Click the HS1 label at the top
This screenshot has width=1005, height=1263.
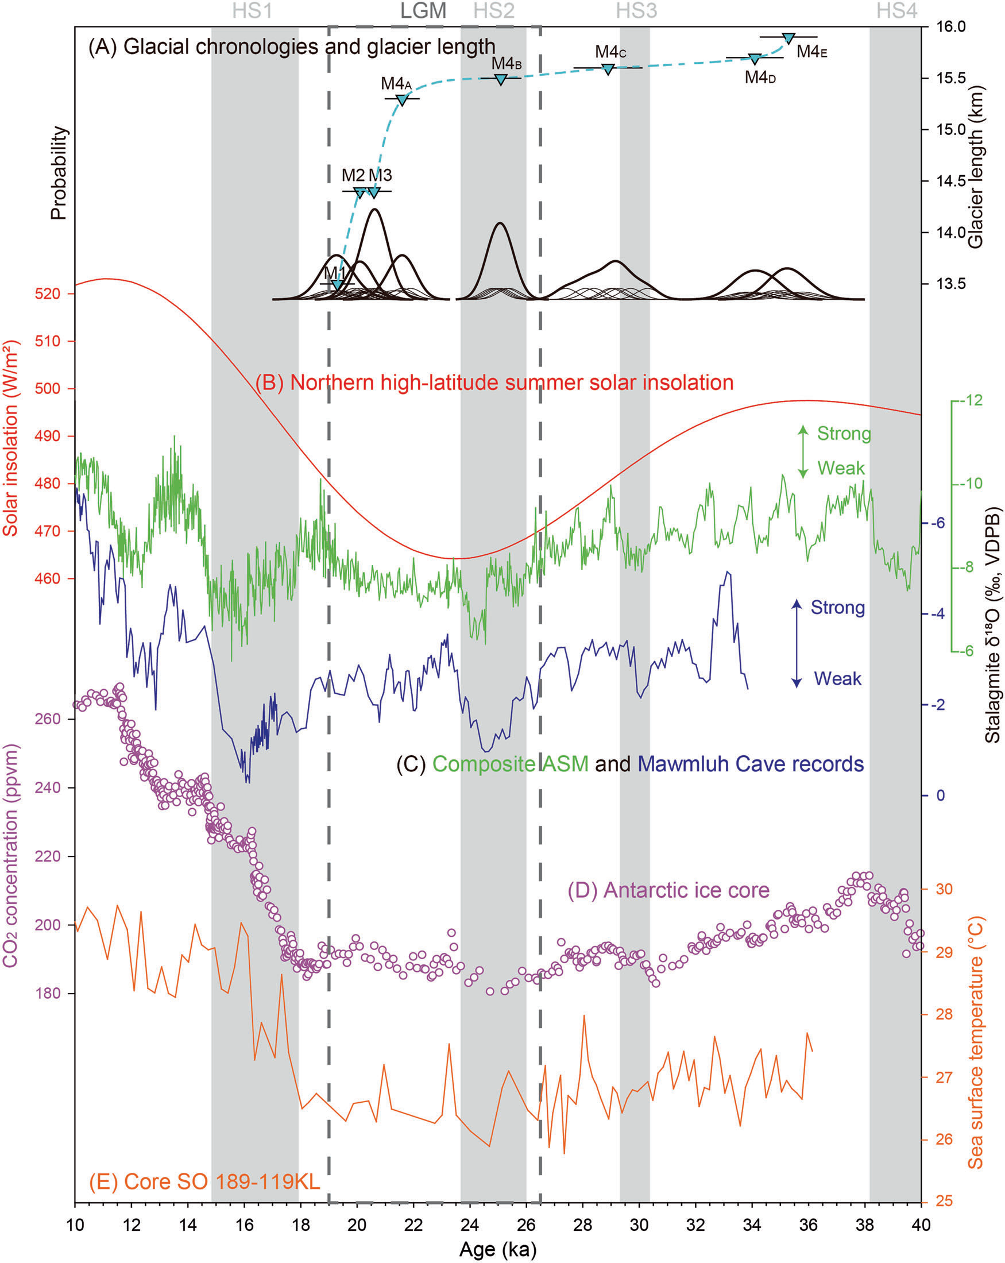(252, 10)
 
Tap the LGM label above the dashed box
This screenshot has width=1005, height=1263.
(423, 10)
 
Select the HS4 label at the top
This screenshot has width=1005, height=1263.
(896, 10)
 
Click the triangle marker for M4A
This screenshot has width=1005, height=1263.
(402, 100)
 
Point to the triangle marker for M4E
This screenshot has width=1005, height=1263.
(788, 38)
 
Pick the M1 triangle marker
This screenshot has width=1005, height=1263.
(337, 285)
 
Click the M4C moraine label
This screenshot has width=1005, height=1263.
(610, 52)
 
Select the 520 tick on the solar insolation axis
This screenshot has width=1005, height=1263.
(48, 293)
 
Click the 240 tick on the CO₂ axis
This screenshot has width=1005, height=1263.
(48, 787)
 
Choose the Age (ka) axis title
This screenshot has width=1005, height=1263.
(498, 1249)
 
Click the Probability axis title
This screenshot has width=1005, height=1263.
(59, 173)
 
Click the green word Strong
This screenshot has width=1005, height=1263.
(844, 434)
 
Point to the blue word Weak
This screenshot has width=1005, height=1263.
(837, 679)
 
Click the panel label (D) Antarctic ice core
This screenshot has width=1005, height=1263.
(668, 890)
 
